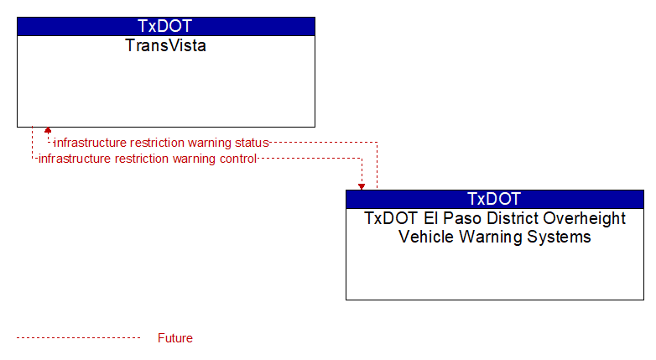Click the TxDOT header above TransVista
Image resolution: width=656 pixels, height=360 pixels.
click(164, 26)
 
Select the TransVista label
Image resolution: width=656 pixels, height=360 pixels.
click(165, 45)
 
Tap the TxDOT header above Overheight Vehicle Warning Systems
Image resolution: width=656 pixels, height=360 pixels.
click(494, 199)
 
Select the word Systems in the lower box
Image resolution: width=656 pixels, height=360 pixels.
click(559, 237)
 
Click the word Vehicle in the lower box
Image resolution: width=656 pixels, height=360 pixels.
click(427, 237)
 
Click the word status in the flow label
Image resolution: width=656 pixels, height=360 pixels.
click(252, 143)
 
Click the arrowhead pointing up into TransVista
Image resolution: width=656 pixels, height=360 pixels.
click(48, 130)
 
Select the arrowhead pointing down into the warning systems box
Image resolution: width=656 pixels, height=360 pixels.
click(362, 186)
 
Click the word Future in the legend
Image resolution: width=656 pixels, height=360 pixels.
click(175, 338)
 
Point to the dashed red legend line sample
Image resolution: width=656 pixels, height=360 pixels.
click(79, 337)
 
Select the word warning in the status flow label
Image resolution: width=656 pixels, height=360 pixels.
click(210, 143)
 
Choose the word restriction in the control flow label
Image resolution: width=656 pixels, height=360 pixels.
click(142, 159)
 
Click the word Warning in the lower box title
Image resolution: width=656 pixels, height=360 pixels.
click(491, 237)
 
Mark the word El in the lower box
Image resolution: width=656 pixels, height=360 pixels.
click(431, 218)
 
